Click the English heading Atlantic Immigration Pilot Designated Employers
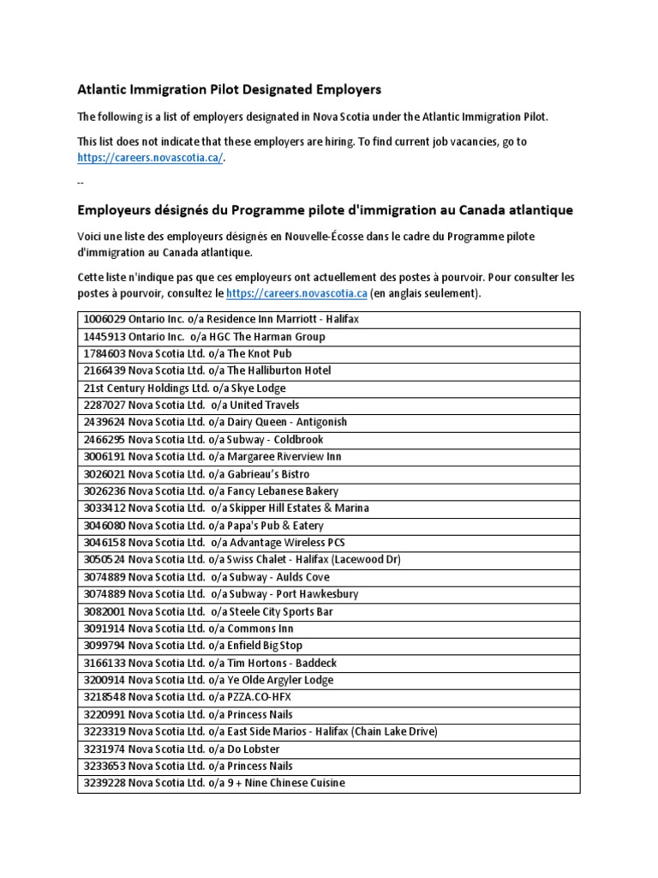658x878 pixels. (230, 89)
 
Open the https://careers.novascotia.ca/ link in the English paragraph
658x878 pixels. (150, 158)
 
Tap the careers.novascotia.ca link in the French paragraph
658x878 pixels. (296, 293)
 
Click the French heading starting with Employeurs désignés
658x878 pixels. (326, 210)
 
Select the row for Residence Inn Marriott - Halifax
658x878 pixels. (221, 319)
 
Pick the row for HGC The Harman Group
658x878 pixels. (204, 336)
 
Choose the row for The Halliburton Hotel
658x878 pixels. (206, 370)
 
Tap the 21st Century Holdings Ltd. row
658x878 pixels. (184, 388)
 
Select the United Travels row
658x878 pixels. (191, 405)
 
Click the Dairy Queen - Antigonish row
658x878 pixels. (215, 422)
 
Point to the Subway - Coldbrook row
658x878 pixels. (203, 439)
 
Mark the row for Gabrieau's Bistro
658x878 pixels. (196, 474)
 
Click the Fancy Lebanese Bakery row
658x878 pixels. (211, 491)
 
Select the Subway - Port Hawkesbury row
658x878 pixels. (221, 594)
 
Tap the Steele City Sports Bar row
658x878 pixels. (208, 611)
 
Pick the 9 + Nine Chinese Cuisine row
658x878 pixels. (214, 783)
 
